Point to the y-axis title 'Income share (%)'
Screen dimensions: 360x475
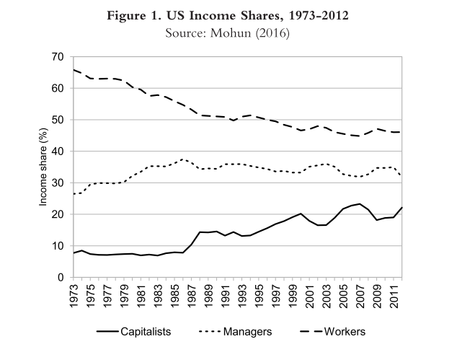pos(43,167)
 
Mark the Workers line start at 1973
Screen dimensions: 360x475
pos(73,70)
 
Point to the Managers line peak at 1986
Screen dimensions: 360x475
pos(182,159)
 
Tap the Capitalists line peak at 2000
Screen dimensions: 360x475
pos(301,214)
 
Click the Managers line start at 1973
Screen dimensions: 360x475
pos(73,194)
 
